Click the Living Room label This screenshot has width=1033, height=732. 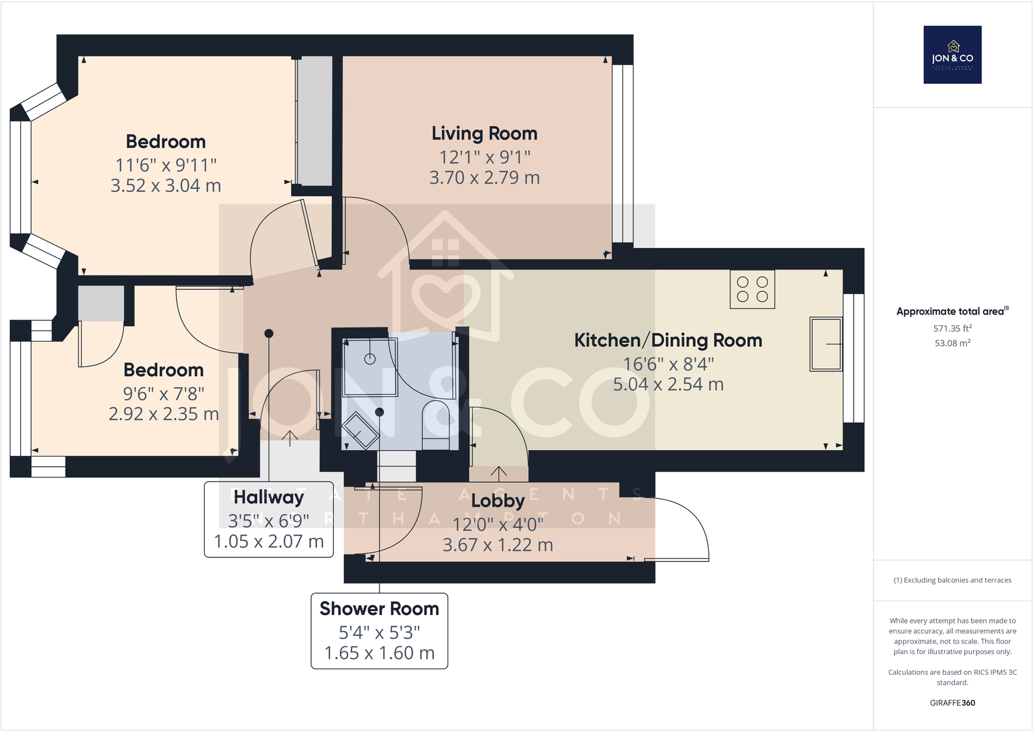point(484,134)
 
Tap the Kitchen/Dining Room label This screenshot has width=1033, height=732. point(669,340)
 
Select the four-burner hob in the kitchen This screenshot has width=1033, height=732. point(752,289)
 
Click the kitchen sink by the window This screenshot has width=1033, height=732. point(826,344)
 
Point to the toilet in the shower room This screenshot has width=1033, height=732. point(436,425)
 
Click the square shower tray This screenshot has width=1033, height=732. point(370,367)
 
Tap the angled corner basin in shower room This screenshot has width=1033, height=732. point(360,431)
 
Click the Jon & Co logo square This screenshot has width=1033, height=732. point(952,55)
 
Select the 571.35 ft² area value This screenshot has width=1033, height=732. point(952,328)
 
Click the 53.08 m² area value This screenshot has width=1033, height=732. point(952,343)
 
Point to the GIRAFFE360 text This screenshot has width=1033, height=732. point(952,703)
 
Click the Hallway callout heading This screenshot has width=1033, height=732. point(269,497)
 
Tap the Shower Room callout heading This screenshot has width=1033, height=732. point(379,609)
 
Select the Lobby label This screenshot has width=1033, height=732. point(498,501)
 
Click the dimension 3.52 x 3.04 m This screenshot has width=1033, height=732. point(166,185)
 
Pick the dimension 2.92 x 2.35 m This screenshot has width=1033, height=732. point(164,414)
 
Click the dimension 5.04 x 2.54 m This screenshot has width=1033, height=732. point(669,385)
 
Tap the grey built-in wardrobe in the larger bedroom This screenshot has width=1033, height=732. point(314,121)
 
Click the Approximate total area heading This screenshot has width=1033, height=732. point(952,311)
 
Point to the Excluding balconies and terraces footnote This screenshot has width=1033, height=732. point(952,580)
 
